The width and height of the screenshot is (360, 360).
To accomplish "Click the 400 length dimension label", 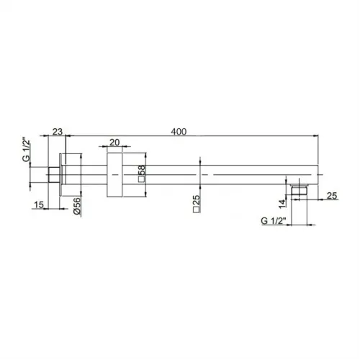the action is (179, 132).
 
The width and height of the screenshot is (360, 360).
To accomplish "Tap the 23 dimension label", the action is (58, 132).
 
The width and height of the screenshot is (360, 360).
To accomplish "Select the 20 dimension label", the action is (114, 143).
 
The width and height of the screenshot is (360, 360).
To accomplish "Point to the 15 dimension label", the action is (39, 205).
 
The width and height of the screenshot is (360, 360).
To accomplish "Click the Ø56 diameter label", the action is (77, 206).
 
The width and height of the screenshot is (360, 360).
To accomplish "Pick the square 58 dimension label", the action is (142, 174).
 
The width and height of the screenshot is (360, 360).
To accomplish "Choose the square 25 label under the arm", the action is (197, 204).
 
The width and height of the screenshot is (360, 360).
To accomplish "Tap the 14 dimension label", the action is (283, 204).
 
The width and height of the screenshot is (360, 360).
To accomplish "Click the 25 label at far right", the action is (332, 196).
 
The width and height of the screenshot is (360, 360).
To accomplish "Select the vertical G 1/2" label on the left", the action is (26, 149).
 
